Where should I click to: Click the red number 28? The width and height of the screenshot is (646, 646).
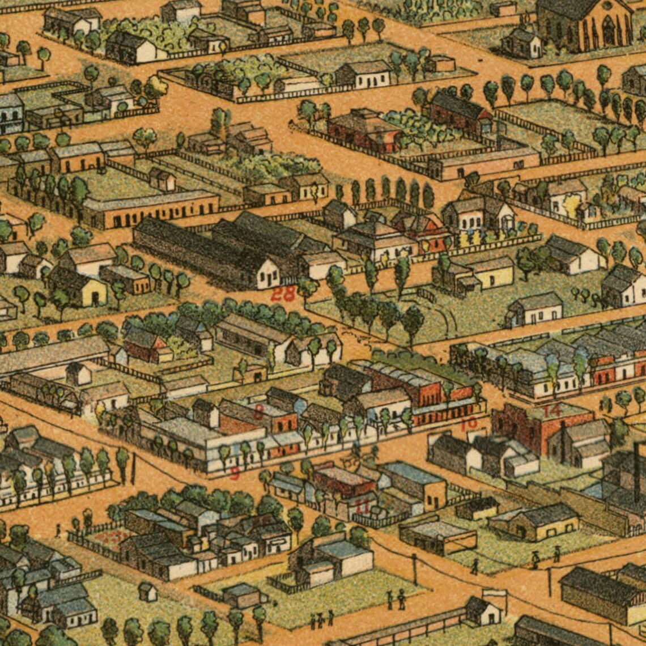[x=283, y=294]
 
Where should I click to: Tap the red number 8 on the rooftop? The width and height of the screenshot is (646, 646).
[x=258, y=411]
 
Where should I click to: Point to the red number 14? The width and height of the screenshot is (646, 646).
[x=552, y=410]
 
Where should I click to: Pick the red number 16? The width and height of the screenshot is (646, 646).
[x=469, y=423]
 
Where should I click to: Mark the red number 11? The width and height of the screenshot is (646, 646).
[x=362, y=505]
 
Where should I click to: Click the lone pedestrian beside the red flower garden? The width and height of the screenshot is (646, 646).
[x=58, y=531]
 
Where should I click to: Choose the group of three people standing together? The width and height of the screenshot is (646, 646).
[x=321, y=620]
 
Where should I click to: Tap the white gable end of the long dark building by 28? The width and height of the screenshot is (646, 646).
[x=267, y=275]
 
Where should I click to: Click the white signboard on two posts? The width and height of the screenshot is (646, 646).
[x=494, y=595]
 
